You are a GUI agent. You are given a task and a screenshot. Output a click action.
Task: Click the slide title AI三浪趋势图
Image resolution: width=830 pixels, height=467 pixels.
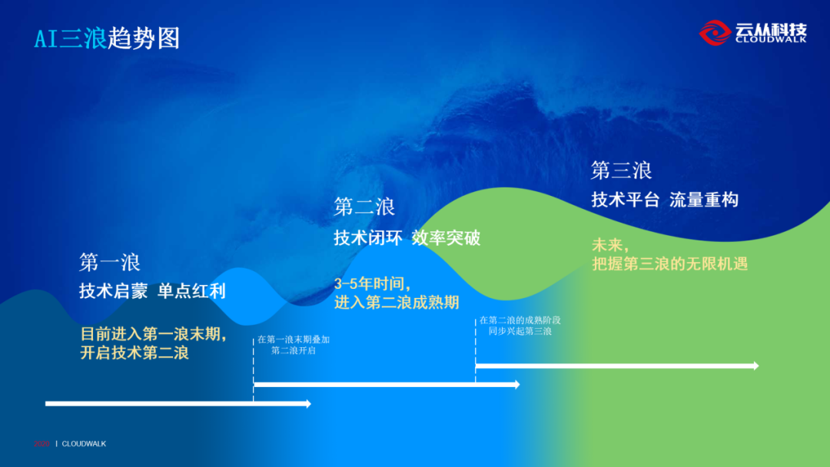click(107, 38)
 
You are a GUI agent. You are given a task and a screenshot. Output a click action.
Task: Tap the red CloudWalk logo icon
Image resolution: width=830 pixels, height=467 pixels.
click(715, 32)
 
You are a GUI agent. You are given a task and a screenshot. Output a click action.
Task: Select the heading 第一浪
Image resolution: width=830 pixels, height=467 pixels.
click(110, 262)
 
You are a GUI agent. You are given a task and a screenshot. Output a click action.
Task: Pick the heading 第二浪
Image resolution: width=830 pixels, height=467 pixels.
click(364, 207)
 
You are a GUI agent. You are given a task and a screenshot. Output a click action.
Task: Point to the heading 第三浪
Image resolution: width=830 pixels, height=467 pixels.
click(622, 169)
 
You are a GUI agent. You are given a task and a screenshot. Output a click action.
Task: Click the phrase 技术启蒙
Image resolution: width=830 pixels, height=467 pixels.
click(114, 292)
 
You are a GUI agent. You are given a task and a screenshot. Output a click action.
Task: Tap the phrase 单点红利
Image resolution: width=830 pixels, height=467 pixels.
click(191, 292)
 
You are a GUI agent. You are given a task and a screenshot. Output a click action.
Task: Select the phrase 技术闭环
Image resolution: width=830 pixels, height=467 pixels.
click(368, 237)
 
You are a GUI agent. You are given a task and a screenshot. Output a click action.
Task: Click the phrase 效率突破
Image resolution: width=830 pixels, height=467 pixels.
click(446, 237)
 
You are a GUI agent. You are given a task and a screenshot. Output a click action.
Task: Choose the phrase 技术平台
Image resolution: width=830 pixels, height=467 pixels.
click(626, 200)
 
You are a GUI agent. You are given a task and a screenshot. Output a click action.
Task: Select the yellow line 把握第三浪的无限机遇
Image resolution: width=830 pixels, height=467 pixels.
click(669, 263)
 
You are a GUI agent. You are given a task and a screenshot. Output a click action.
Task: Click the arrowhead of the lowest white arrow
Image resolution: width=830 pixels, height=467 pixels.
click(307, 403)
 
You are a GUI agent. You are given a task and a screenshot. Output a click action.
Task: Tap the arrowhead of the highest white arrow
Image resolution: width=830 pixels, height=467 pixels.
click(755, 366)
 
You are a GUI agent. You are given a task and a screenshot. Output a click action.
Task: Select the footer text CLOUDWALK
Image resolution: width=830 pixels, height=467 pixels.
click(84, 443)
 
